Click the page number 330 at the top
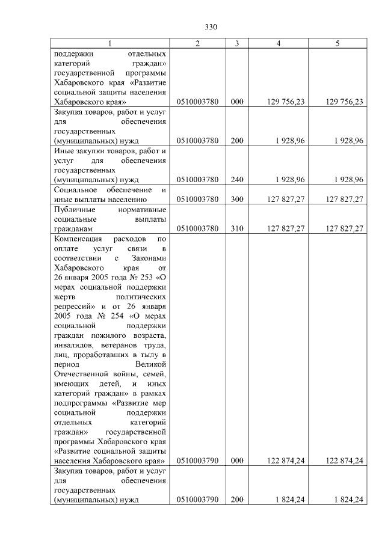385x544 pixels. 211,27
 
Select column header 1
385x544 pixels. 109,43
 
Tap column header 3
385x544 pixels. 237,43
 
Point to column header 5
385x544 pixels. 337,43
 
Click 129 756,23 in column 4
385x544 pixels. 286,102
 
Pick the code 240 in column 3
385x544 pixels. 237,179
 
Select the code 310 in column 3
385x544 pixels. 237,228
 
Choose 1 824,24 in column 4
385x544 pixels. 291,500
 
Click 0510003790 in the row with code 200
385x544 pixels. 198,500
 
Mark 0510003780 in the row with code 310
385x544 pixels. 198,228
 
